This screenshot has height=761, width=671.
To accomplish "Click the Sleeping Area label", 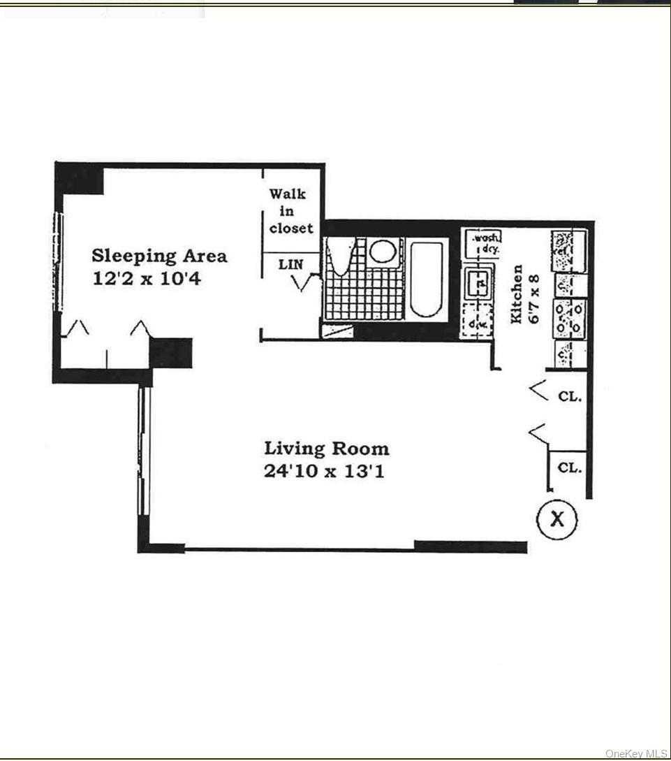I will tap(160, 256).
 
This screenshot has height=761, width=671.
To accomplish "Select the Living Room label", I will tap(326, 448).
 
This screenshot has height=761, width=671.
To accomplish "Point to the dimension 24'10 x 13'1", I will tap(324, 470).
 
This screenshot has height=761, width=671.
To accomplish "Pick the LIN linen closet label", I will tap(291, 265).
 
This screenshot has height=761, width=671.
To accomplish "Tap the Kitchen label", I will tap(517, 293).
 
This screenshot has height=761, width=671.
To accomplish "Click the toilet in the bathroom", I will tap(342, 256).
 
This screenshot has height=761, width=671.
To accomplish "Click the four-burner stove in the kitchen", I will tap(569, 318).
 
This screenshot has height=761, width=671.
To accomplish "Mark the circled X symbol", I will tap(556, 519).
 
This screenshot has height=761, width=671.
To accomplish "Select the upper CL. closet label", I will tap(570, 396).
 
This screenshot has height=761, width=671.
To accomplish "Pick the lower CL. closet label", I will tap(570, 468).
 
